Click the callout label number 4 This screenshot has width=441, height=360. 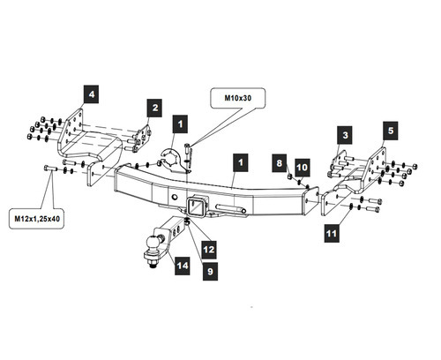point(92,94)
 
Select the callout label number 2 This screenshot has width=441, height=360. point(154,108)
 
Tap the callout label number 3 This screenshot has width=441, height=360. point(345,135)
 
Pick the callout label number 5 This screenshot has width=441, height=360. point(391,131)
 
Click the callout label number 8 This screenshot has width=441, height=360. point(280,163)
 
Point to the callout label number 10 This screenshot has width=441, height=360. point(303,168)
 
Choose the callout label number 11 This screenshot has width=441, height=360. point(332,233)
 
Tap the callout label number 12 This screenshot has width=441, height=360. point(209,250)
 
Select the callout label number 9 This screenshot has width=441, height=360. point(210,271)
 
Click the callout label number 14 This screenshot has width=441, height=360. point(183,266)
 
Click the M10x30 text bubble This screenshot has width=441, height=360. point(238,98)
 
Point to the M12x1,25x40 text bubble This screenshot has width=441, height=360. point(37,219)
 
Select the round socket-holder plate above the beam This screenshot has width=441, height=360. point(174,161)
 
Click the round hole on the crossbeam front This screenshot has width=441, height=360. point(175,198)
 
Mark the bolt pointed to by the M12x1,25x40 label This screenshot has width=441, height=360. point(50,169)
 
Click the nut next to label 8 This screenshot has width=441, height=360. point(289,176)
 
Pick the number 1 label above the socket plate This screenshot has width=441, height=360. point(180,124)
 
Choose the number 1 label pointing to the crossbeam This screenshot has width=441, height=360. point(241,162)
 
